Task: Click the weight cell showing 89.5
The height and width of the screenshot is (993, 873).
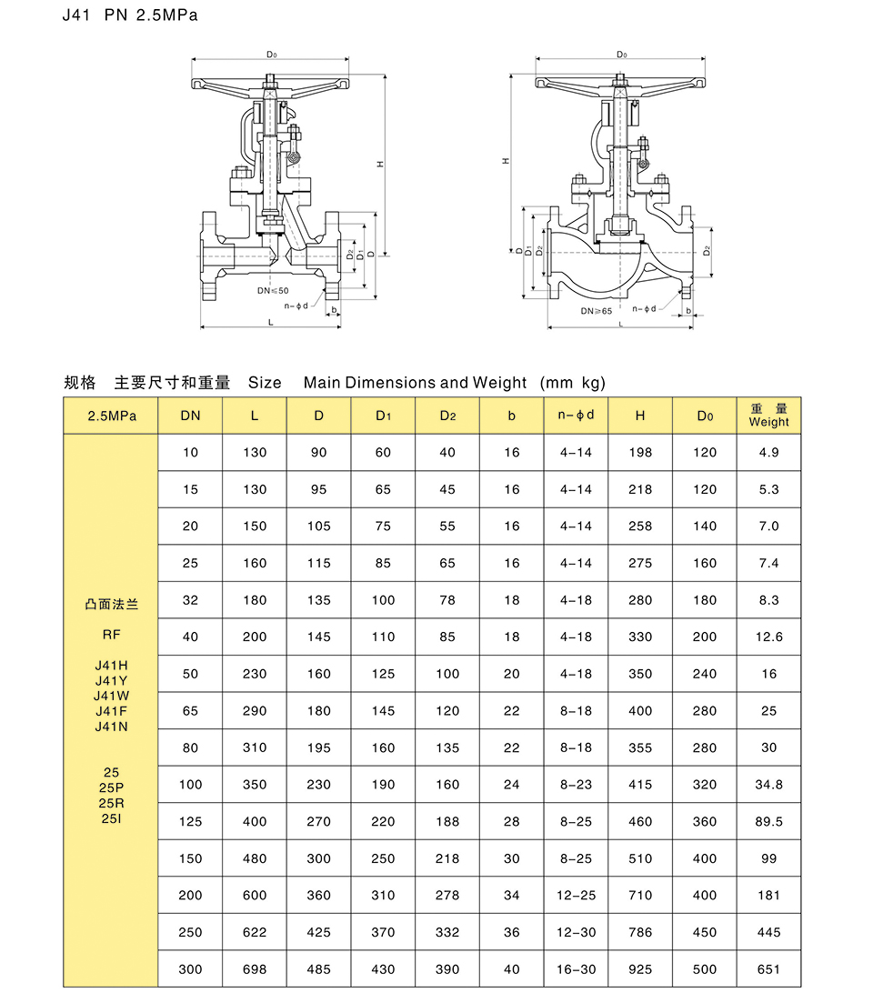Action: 768,821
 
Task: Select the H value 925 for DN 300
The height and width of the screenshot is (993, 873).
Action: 640,969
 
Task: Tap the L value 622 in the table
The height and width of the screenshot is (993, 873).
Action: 255,932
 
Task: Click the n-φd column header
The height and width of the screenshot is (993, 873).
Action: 576,416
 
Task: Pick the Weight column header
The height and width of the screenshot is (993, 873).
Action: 768,416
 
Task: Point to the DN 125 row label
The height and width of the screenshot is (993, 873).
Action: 190,821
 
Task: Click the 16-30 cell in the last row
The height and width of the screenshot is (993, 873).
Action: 576,969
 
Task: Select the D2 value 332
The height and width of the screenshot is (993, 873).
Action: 447,932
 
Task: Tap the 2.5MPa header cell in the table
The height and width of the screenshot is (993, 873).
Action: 111,416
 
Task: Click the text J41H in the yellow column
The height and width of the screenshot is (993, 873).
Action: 111,666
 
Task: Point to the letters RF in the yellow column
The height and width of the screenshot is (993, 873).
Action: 111,635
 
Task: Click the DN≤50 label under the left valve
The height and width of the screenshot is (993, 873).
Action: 272,290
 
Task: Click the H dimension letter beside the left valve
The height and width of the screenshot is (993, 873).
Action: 377,165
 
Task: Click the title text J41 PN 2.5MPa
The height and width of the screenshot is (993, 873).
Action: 129,15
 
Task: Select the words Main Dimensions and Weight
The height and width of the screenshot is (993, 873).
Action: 415,383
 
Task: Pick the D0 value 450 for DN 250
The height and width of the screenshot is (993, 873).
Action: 705,932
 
